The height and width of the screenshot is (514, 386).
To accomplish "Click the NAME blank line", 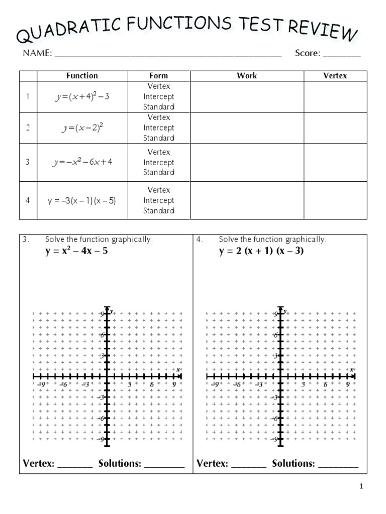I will tap(168, 54).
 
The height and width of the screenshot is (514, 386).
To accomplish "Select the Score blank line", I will tap(342, 54).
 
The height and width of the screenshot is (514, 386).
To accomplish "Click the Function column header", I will tap(82, 76).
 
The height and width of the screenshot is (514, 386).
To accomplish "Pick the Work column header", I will tap(247, 76).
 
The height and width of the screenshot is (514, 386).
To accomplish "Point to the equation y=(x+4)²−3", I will tap(82, 96).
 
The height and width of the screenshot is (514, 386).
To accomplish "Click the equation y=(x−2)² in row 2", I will tap(82, 128).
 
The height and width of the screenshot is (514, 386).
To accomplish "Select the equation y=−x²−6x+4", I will tap(82, 162).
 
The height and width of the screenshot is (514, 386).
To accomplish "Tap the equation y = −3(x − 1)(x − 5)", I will tap(82, 200).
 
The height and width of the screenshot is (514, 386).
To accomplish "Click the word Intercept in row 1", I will tap(159, 96).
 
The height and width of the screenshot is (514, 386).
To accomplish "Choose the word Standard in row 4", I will tap(159, 211).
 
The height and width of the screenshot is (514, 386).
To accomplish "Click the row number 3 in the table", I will tap(28, 162).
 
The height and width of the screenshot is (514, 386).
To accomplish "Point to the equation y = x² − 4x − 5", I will tap(76, 251).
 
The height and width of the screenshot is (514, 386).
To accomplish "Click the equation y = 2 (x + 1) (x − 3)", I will tap(261, 251).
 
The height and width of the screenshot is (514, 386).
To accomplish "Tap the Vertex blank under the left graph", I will tap(75, 465).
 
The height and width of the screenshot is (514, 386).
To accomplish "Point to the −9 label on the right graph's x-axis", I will tap(215, 384).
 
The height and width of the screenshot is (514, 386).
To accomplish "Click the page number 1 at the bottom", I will tap(360, 486).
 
